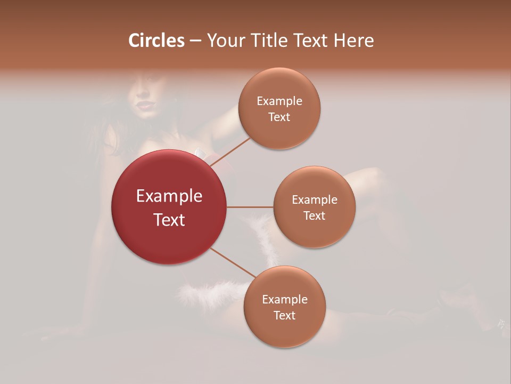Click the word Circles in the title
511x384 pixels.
[156, 41]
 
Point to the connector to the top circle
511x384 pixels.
[232, 152]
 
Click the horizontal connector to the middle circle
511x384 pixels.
[250, 207]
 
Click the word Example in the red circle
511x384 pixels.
[169, 196]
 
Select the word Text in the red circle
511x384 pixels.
[169, 220]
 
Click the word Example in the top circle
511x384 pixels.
[279, 101]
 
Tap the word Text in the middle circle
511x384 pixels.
[314, 216]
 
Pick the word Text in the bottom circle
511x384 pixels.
[284, 316]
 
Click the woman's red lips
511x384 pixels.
[144, 105]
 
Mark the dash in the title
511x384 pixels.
[195, 41]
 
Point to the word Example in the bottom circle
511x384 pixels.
[284, 299]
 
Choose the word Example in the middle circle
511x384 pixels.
[314, 200]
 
